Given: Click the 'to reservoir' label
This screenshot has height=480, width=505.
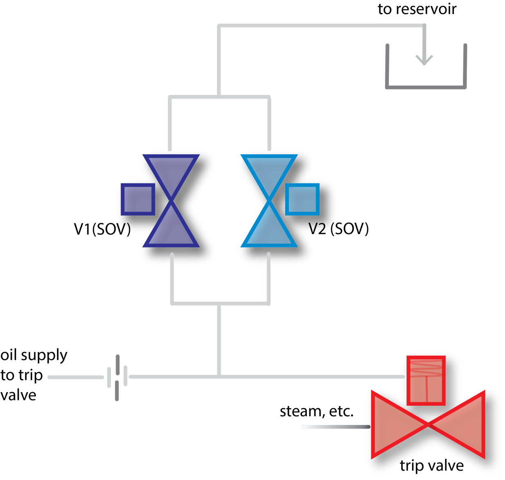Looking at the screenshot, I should point(417,9).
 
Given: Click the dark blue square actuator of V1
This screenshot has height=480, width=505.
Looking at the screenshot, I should point(138,199).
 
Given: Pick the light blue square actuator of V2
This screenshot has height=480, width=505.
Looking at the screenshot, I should point(302,199).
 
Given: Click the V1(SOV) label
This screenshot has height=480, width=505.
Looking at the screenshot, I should point(102,229).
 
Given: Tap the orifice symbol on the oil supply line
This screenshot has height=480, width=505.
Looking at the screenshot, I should point(117,377).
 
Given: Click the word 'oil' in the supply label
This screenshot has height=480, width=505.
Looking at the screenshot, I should point(9,355).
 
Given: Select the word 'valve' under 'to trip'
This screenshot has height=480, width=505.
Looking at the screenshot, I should point(18,395).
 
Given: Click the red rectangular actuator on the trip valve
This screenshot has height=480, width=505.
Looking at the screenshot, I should point(427,380).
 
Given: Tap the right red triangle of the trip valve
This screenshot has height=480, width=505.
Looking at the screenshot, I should point(464,425).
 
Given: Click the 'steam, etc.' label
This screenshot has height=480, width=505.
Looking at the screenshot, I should point(317,412).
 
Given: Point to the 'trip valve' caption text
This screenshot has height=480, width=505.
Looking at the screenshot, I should point(432,465).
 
